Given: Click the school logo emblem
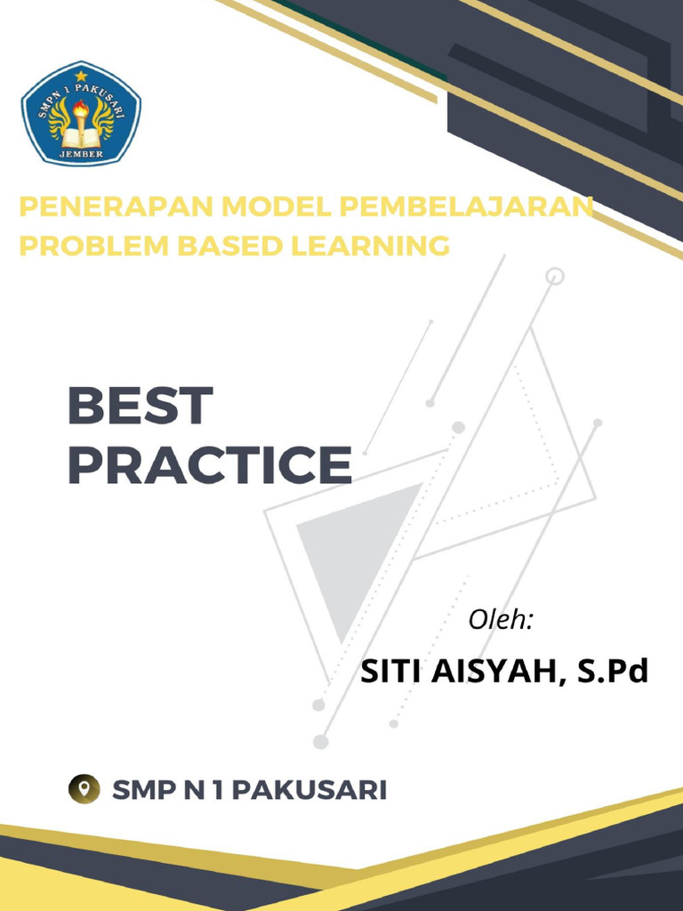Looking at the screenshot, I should click(x=81, y=113).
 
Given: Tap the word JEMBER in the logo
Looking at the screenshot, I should click(x=81, y=154).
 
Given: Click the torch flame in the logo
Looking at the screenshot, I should click(x=81, y=109).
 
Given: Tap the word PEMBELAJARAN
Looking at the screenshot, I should click(x=466, y=207).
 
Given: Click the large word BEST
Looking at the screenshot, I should click(x=141, y=407).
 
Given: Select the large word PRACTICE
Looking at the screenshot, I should click(x=210, y=466).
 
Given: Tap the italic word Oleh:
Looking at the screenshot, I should click(x=501, y=620).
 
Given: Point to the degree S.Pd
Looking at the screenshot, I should click(x=613, y=671).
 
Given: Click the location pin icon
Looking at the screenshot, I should click(x=84, y=788).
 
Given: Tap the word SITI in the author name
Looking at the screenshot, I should click(x=390, y=671).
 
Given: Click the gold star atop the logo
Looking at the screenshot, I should click(x=81, y=76).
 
